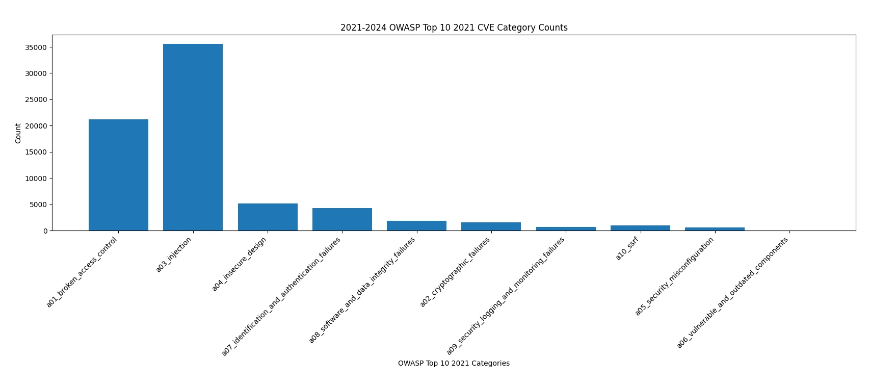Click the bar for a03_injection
(193, 137)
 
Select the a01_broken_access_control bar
(118, 175)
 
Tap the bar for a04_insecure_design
(268, 217)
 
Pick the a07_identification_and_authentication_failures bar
(342, 219)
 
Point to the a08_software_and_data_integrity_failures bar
(416, 226)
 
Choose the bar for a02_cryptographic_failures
(491, 226)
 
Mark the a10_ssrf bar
(640, 228)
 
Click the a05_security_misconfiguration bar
(715, 229)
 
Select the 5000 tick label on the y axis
(37, 204)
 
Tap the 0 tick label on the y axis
(45, 231)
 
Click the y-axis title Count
(18, 133)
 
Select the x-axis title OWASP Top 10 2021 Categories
(454, 364)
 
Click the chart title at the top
(454, 28)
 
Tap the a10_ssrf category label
(627, 249)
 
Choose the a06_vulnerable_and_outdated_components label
(733, 293)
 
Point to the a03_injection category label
(174, 254)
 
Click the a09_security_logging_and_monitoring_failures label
(506, 296)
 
